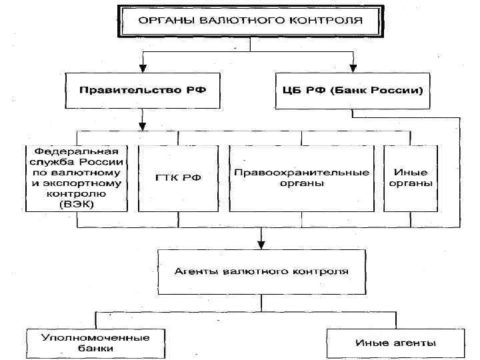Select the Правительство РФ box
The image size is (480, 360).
143,89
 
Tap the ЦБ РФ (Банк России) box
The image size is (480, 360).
349,89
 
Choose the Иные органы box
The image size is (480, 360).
409,178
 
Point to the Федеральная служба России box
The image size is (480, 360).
77,178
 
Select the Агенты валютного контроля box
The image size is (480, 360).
261,272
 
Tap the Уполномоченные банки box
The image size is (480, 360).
95,343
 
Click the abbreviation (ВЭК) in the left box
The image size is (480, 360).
76,204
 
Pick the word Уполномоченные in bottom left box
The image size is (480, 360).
95,337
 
